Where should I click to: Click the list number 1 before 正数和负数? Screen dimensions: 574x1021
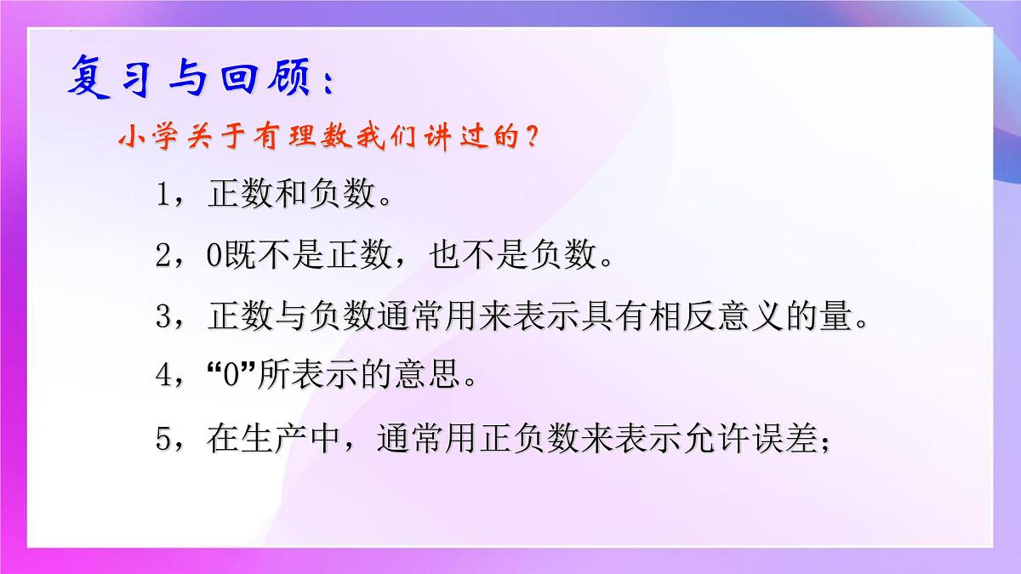point(164,196)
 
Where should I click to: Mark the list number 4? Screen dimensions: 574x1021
point(165,377)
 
